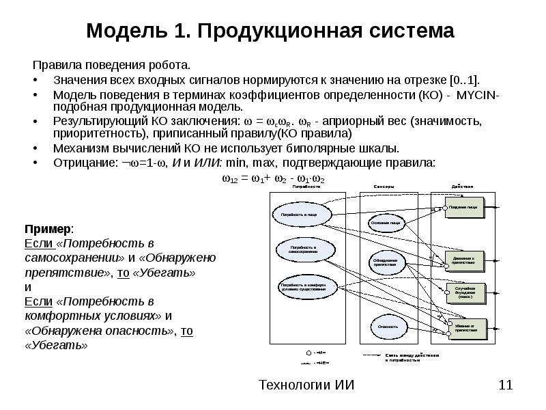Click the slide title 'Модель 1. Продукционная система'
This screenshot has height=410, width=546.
coord(270,31)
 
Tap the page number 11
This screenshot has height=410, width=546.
coord(506,385)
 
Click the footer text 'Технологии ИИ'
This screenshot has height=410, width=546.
coord(306,385)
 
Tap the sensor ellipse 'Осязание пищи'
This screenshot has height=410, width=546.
coord(389,223)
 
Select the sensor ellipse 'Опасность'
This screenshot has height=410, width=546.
coord(388,326)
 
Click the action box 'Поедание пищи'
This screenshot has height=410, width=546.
coord(468,207)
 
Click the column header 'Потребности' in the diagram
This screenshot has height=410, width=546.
coord(306,186)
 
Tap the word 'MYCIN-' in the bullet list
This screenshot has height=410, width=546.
coord(479,94)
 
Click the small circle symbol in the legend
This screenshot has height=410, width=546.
coord(308,353)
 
